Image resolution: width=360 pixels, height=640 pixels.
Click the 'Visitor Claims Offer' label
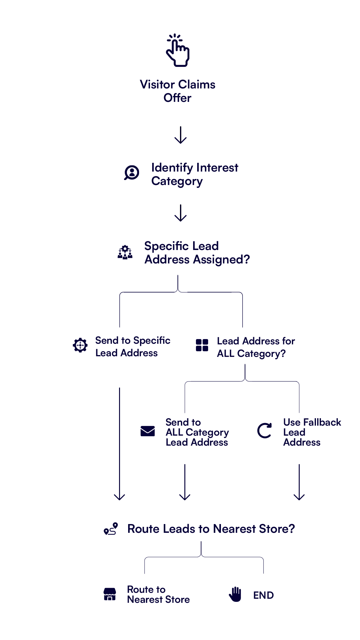tap(177, 91)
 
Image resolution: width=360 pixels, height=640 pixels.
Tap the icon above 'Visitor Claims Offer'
tap(178, 52)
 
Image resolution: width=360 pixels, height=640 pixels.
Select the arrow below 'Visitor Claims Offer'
tap(180, 132)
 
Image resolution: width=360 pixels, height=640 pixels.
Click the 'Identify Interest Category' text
tap(194, 175)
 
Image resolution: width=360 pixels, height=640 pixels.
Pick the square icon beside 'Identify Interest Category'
tap(132, 173)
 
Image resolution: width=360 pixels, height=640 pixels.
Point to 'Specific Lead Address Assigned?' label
tap(197, 253)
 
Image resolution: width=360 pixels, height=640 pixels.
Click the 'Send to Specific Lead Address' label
tap(132, 347)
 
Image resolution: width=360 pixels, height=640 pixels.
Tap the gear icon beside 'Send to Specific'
tap(80, 345)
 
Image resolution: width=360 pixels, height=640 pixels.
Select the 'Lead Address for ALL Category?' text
tap(255, 347)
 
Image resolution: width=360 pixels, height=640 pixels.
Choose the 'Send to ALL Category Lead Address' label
tap(197, 432)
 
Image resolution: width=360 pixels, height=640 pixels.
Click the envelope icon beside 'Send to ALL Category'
tap(147, 431)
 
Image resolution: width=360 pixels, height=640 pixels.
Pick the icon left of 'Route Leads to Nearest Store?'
tap(111, 529)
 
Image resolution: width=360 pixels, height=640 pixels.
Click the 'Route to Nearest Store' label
tap(158, 595)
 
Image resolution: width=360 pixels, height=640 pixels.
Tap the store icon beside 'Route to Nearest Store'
tap(110, 594)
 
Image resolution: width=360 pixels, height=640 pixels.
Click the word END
tap(263, 595)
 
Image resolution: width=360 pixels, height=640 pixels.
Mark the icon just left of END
tap(235, 595)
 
